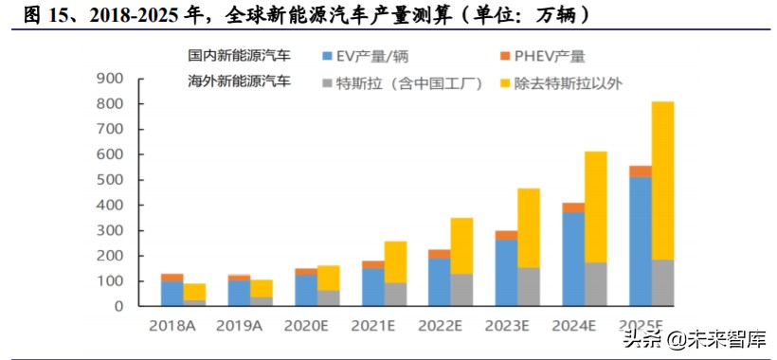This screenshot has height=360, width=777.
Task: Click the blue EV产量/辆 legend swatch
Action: point(328,57)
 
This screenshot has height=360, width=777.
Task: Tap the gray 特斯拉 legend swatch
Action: point(328,83)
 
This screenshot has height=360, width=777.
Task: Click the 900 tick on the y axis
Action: point(111,79)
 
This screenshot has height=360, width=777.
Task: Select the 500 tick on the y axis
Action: point(111,180)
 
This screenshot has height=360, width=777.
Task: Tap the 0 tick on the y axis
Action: point(119,307)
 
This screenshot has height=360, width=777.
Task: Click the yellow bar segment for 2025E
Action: point(662,180)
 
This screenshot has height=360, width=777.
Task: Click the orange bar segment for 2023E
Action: point(506,235)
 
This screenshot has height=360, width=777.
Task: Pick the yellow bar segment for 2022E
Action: point(461,246)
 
